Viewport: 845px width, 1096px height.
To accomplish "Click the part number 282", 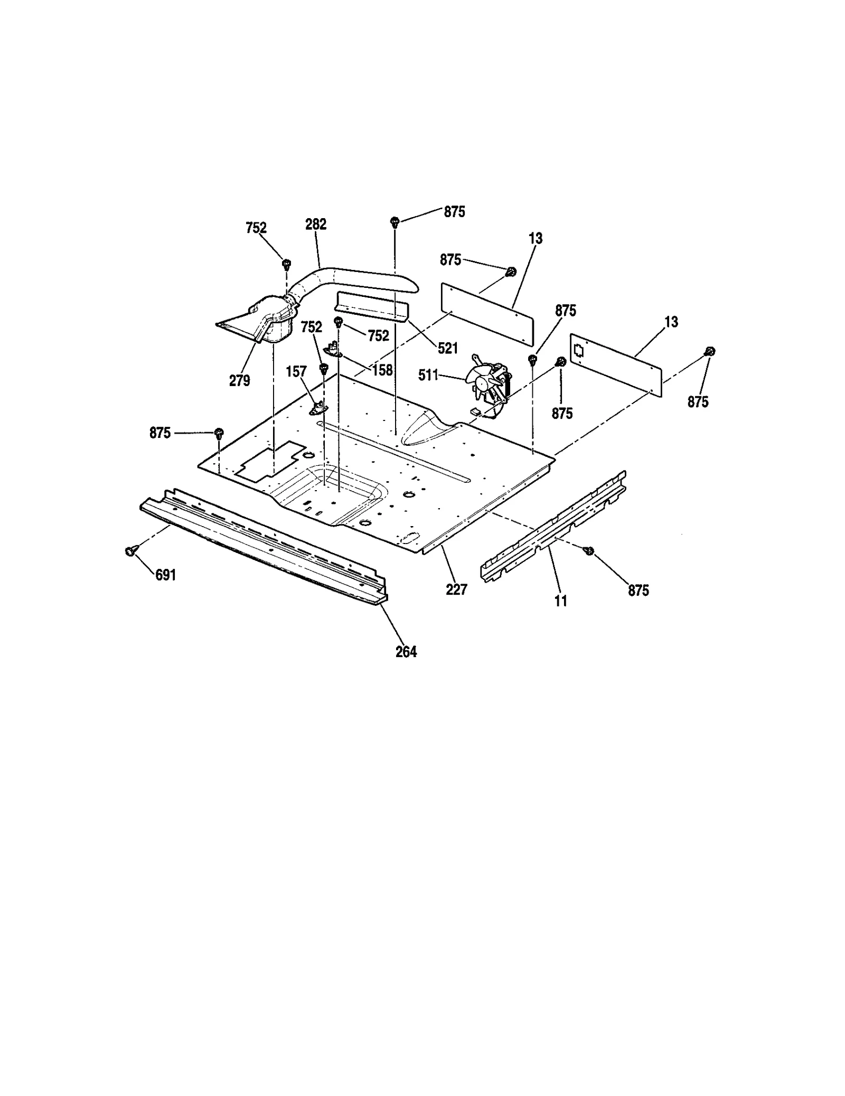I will point(316,224).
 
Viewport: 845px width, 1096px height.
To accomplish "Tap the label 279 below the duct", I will point(239,380).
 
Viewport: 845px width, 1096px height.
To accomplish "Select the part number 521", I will point(447,348).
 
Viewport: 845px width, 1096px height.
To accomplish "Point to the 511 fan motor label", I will point(428,375).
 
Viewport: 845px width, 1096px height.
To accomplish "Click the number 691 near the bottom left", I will point(165,575).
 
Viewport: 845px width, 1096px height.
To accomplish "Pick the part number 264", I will point(406,652).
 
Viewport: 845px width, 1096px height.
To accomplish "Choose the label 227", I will point(456,589).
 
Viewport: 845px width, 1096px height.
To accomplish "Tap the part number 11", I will point(561,601).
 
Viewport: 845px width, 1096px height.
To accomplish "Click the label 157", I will point(296,372).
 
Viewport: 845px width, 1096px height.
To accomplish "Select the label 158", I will point(382,370).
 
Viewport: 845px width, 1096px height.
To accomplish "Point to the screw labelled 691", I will point(129,551).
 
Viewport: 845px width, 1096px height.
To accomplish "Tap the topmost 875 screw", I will point(395,221).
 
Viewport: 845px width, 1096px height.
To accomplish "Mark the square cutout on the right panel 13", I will point(579,350).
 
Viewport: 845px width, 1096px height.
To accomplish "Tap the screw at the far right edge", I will point(710,351).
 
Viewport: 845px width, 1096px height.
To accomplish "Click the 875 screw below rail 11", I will point(589,550).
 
